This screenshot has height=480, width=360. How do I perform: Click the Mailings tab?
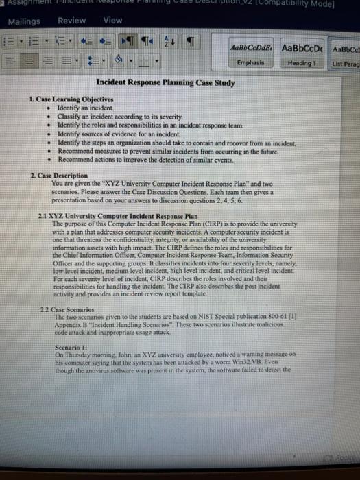pyautogui.click(x=23, y=22)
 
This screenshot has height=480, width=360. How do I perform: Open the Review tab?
pyautogui.click(x=72, y=21)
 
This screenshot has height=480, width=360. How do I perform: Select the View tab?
pyautogui.click(x=112, y=21)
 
